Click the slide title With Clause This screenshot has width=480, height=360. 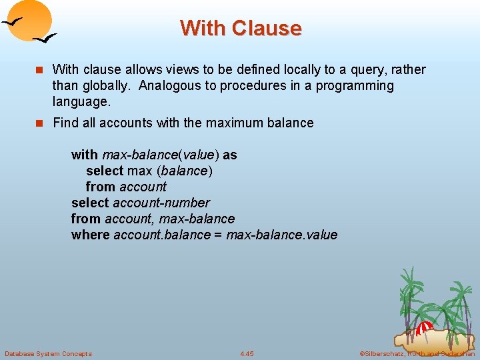(x=240, y=28)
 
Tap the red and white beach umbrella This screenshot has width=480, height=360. (x=424, y=328)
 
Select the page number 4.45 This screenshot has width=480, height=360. (x=247, y=353)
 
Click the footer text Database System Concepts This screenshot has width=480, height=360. (x=48, y=353)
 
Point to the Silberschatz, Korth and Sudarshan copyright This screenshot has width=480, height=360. (x=417, y=353)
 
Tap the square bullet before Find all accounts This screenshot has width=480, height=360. (x=39, y=123)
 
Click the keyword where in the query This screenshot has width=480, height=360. (x=91, y=235)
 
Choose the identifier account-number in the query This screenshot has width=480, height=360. (x=161, y=203)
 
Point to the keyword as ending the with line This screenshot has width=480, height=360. (x=230, y=155)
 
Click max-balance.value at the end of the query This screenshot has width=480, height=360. (x=282, y=235)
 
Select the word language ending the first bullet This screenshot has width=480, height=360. (x=80, y=102)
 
